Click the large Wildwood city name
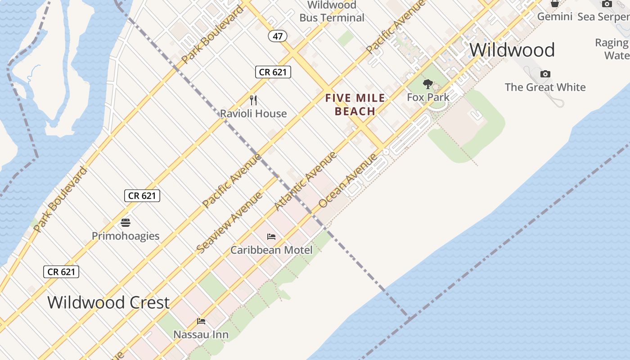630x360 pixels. (512, 49)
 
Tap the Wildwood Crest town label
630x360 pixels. (108, 302)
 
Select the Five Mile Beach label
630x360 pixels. (355, 104)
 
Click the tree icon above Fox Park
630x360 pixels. (428, 84)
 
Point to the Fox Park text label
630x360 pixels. (428, 97)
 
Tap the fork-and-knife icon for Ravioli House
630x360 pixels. (253, 100)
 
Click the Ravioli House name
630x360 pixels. (253, 113)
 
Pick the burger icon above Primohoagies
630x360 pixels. (126, 222)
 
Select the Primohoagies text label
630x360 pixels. (126, 236)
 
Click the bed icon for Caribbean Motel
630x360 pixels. (271, 236)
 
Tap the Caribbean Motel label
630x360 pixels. (271, 250)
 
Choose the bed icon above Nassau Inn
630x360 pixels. (201, 321)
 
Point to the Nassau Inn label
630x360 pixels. (201, 335)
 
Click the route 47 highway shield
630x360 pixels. (278, 36)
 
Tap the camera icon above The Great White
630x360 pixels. (545, 74)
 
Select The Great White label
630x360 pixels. (545, 87)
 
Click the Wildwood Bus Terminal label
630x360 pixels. (332, 12)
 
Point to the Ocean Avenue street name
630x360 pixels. (348, 180)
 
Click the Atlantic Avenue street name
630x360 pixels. (306, 181)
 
